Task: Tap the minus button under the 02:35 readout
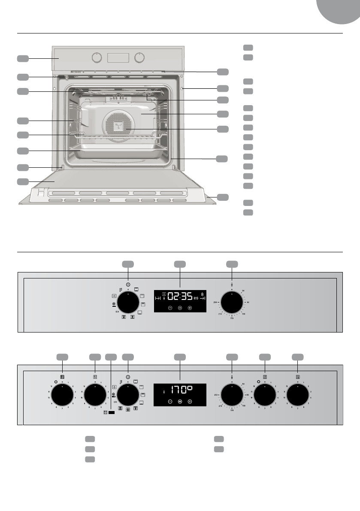[170, 308]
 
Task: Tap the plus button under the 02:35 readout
[190, 308]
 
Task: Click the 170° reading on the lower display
[182, 391]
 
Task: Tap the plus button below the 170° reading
[190, 402]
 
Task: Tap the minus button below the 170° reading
[170, 402]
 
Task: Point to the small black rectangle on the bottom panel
[112, 412]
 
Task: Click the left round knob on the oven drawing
[97, 57]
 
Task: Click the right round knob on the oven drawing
[139, 57]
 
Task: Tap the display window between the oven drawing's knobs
[118, 57]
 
